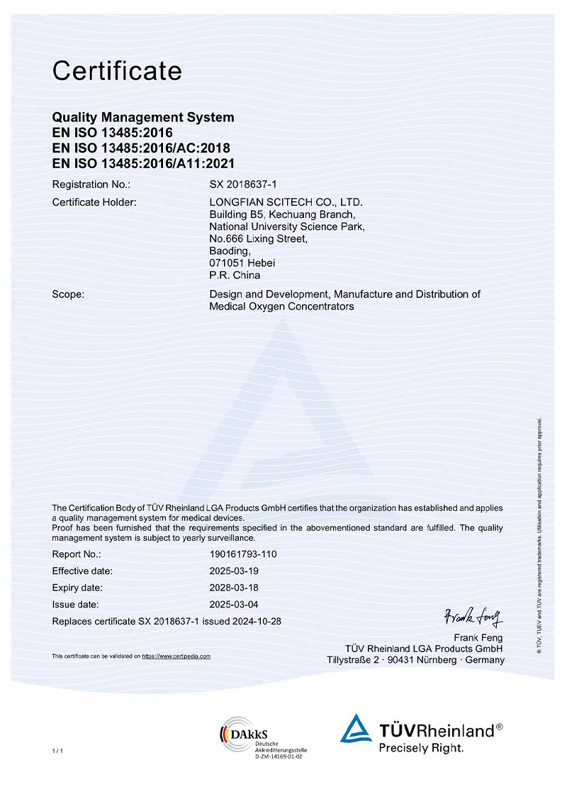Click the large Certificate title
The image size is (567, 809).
tap(117, 71)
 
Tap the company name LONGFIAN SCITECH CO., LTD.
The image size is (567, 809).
tap(286, 202)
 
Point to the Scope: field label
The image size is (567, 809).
tap(68, 294)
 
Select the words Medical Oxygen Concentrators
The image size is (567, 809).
tap(281, 307)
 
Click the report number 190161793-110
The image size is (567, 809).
tap(243, 554)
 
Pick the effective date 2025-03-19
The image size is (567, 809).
tap(234, 571)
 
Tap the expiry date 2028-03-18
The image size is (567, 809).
tap(234, 588)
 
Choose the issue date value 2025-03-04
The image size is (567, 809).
tap(234, 605)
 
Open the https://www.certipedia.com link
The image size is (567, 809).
tap(176, 656)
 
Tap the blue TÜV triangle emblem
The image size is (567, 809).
tap(357, 729)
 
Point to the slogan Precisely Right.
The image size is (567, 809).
tap(421, 747)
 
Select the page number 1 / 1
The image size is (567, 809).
tap(57, 751)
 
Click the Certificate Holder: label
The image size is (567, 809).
tap(94, 202)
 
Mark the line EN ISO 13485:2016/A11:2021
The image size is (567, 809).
tap(142, 163)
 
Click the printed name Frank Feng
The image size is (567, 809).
tap(478, 637)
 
